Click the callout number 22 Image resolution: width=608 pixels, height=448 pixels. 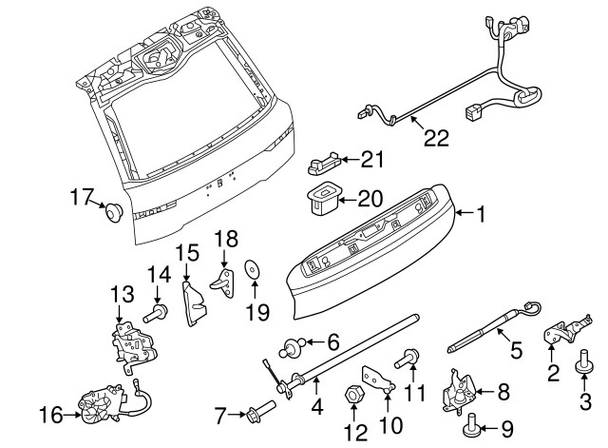pyautogui.click(x=434, y=138)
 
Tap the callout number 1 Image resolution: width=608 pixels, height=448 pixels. pyautogui.click(x=481, y=216)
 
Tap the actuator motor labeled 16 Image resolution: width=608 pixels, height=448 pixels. pyautogui.click(x=103, y=406)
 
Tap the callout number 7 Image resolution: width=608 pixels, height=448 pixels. pyautogui.click(x=219, y=415)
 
